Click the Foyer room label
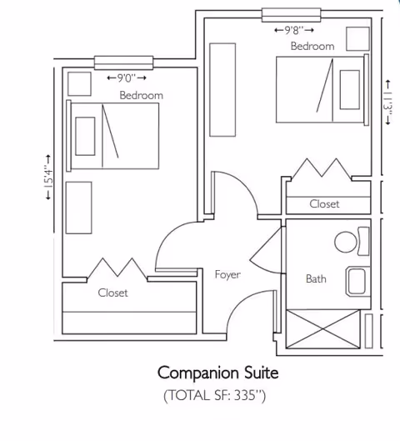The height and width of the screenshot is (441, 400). (227, 274)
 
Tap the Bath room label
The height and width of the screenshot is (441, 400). (316, 278)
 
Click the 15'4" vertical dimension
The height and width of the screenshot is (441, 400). (48, 178)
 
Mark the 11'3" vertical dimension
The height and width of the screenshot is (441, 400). (388, 102)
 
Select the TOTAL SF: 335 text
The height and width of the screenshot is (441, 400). (217, 394)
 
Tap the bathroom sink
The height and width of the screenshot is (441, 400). (358, 281)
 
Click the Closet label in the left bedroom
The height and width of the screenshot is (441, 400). (112, 293)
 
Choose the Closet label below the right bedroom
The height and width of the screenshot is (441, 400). (324, 203)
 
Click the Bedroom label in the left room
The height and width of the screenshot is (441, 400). (141, 95)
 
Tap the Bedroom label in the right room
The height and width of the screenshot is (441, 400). (312, 47)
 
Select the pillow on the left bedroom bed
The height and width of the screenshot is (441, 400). (85, 136)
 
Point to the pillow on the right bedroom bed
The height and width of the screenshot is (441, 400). (350, 90)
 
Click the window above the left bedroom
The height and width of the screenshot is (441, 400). (124, 62)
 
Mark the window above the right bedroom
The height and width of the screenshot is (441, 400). (290, 14)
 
